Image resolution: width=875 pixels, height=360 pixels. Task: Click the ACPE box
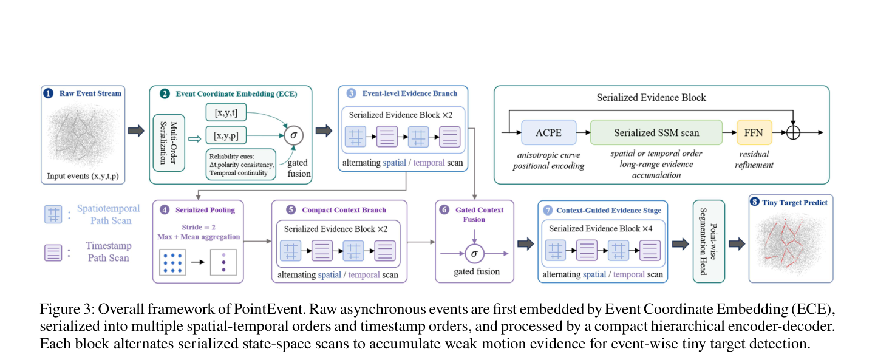pos(548,133)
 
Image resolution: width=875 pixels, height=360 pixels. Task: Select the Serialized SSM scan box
pos(656,133)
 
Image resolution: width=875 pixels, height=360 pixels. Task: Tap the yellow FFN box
pos(754,133)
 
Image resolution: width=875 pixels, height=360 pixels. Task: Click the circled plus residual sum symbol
pos(793,133)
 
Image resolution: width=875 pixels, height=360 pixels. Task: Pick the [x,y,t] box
pos(226,112)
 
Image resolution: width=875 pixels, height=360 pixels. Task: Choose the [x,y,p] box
pos(226,135)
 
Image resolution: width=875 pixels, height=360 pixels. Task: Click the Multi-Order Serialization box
pos(169,143)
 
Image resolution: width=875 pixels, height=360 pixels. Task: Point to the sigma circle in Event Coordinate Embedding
pos(294,135)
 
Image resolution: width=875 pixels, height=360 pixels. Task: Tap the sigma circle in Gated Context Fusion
pos(474,254)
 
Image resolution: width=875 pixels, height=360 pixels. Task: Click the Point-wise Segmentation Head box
pos(709,241)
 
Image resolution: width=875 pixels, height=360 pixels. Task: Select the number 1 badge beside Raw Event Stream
pos(49,93)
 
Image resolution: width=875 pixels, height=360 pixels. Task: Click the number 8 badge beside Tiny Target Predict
pos(755,202)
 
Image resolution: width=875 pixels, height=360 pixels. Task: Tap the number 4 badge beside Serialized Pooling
pos(165,209)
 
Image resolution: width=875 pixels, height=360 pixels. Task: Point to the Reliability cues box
pos(241,165)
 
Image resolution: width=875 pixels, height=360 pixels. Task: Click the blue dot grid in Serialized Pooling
pos(172,262)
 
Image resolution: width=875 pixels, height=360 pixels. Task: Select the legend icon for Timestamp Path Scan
pos(53,253)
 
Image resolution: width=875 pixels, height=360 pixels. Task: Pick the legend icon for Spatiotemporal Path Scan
pos(53,214)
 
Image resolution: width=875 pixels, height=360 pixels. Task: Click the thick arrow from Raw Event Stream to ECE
pos(137,131)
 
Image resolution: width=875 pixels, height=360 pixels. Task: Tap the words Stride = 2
pos(199,227)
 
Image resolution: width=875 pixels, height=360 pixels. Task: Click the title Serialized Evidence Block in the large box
pos(651,98)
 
